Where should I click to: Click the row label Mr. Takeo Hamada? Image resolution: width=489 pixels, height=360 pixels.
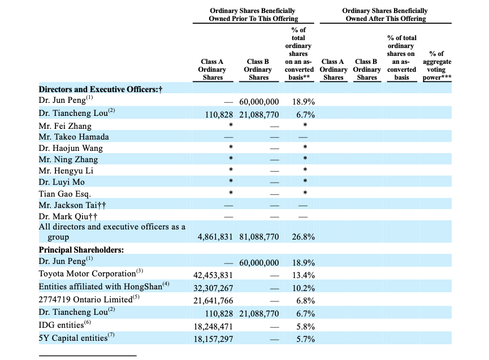click(74, 137)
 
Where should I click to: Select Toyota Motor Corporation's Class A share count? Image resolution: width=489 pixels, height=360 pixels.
click(213, 275)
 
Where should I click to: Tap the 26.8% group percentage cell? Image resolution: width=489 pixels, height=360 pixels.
click(303, 237)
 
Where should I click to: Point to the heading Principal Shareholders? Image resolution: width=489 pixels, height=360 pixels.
click(81, 250)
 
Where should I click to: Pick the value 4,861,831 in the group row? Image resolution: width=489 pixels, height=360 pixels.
click(215, 237)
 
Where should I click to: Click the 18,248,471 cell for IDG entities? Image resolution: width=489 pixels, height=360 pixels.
click(213, 327)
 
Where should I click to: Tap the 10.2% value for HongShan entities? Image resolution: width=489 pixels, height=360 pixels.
click(303, 288)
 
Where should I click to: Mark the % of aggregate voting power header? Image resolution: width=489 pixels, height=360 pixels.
click(436, 66)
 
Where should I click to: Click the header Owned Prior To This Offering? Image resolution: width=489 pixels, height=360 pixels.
click(253, 19)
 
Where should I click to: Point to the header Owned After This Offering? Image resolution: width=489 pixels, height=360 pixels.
click(386, 19)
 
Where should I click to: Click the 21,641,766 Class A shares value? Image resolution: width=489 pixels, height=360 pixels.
click(213, 301)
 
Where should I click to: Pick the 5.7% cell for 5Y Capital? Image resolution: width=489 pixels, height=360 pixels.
click(305, 339)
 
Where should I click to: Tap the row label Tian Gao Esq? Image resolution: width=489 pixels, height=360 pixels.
click(65, 194)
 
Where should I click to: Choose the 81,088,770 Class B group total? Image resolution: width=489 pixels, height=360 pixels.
click(259, 237)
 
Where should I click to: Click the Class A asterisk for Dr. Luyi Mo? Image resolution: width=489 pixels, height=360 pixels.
click(231, 181)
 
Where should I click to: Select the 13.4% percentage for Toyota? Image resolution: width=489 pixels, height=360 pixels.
click(303, 275)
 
